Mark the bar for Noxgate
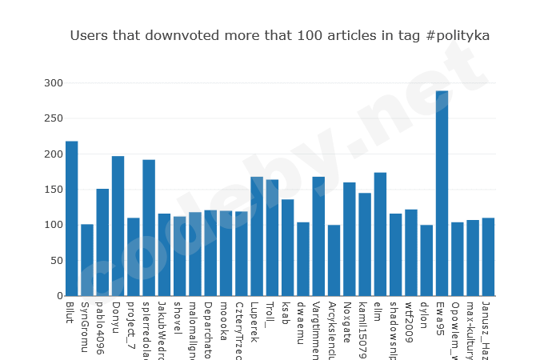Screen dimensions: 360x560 click(349, 239)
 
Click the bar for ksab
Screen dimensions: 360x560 click(287, 248)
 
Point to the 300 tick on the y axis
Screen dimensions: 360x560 click(53, 83)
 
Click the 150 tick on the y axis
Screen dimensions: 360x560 click(53, 190)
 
